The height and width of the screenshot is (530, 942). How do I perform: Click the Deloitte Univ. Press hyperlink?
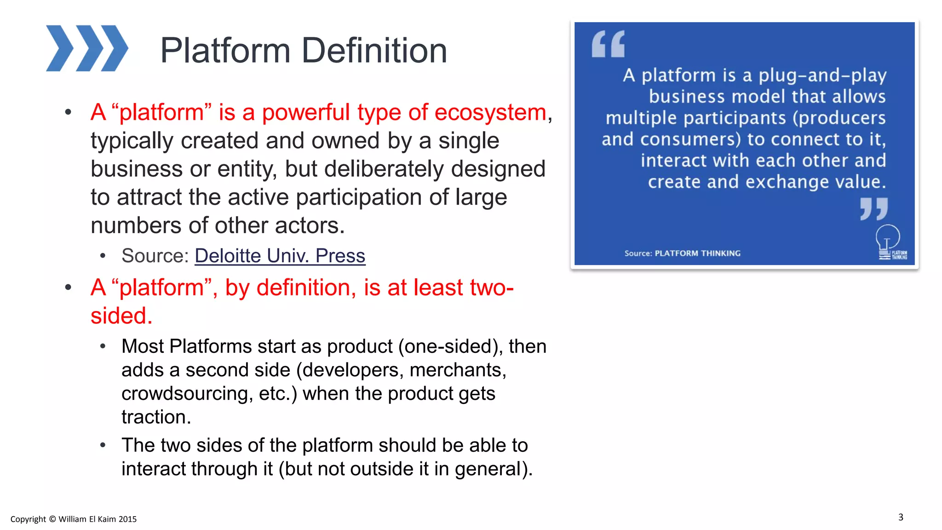[280, 256]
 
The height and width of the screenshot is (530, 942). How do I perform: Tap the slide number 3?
[901, 517]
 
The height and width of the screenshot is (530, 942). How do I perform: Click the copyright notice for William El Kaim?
[74, 519]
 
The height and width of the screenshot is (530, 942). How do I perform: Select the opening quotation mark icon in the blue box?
[608, 44]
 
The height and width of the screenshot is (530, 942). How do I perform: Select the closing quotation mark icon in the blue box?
[874, 209]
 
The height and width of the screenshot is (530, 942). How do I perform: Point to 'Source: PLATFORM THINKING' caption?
[682, 253]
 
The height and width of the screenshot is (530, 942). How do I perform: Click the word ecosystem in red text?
[490, 112]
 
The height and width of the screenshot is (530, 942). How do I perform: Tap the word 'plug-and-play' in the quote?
[822, 75]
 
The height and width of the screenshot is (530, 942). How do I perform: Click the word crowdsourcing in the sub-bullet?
[186, 394]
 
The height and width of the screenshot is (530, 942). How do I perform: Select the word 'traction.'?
[156, 417]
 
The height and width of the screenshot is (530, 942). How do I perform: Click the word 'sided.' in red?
[121, 316]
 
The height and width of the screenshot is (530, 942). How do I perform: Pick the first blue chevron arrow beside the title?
[60, 48]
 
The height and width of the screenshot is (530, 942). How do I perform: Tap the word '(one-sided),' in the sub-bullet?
[450, 346]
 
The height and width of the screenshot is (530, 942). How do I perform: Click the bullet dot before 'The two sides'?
[103, 445]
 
